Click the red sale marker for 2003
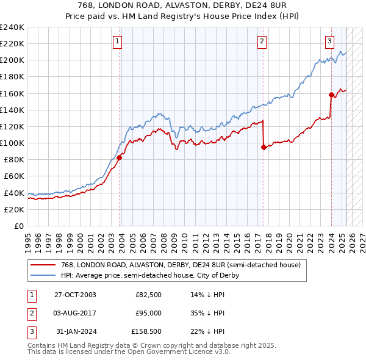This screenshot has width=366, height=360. coord(120,157)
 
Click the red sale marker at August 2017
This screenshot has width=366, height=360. coord(264,147)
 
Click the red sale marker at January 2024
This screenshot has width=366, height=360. coord(331,95)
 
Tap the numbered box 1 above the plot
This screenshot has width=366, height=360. coord(117,41)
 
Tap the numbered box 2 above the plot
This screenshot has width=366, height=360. coord(262,41)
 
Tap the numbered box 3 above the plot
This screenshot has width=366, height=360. coord(329,41)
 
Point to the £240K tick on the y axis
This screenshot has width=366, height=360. coord(12,27)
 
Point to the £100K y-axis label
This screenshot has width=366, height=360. coord(12,143)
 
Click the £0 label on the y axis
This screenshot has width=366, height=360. coord(18,226)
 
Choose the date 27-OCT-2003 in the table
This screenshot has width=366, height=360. coord(75,295)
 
